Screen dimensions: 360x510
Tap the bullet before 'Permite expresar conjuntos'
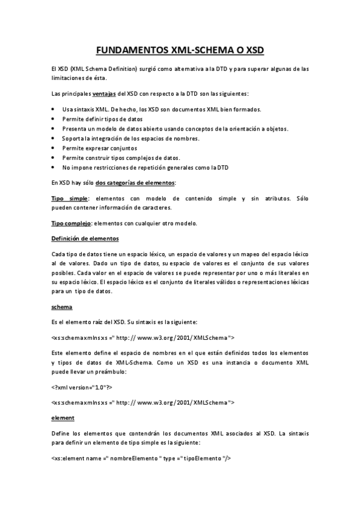[54, 147]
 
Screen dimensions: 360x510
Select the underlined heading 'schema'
[62, 307]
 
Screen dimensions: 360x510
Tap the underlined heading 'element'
[63, 417]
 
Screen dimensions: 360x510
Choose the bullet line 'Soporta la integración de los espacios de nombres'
[130, 138]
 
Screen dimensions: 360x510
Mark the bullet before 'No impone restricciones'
[54, 167]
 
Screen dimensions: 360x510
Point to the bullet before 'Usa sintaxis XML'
[54, 109]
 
